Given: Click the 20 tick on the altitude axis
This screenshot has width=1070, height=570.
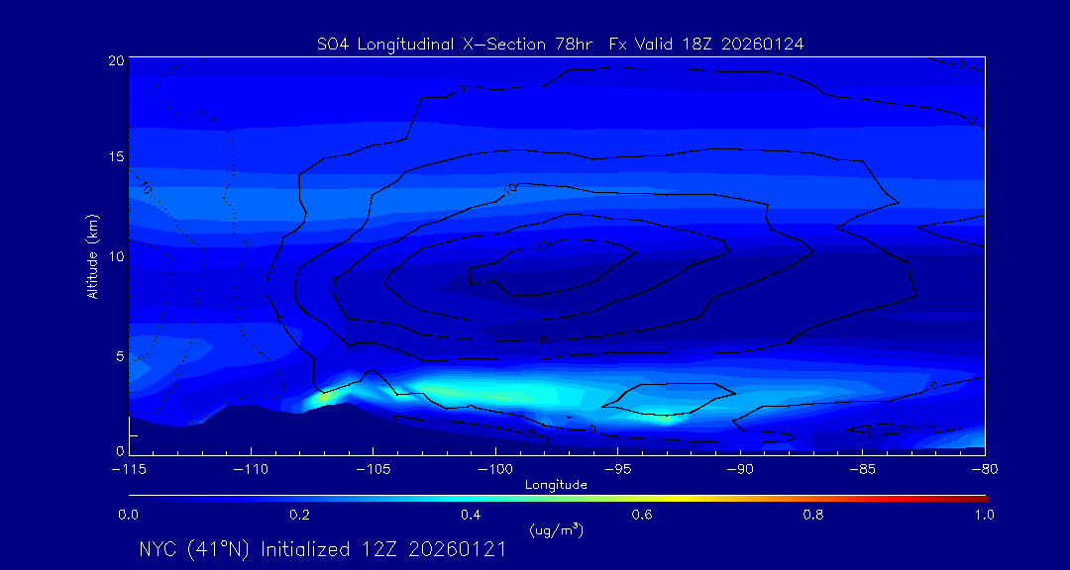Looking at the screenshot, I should (x=116, y=60).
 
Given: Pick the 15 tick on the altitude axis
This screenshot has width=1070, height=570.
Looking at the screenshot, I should (x=116, y=157).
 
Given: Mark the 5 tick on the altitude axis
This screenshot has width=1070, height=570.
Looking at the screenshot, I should (x=119, y=354).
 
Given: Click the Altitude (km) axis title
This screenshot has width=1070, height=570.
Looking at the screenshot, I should (x=92, y=255).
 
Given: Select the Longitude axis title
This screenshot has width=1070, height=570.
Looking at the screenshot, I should (x=556, y=485).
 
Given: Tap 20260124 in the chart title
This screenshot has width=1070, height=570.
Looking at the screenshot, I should (x=770, y=44).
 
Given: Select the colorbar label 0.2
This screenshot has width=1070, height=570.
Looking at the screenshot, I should (x=299, y=515).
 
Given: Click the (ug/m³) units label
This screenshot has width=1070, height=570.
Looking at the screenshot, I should (x=557, y=530).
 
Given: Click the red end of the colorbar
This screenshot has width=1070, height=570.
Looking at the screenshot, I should (x=981, y=498).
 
